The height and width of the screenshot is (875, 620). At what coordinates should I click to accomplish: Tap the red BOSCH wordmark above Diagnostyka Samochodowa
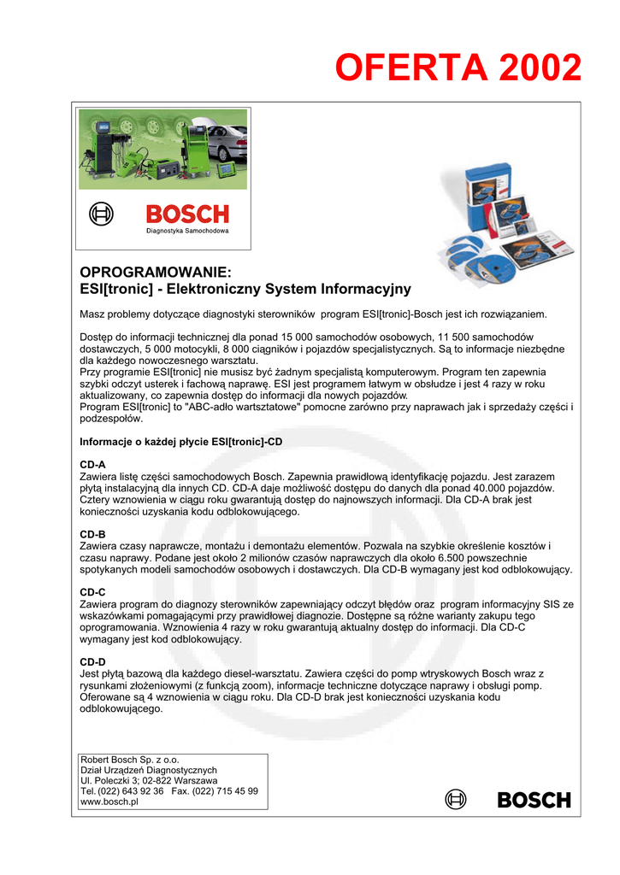click(187, 214)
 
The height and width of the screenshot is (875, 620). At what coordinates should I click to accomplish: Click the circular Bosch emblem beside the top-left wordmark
click(102, 214)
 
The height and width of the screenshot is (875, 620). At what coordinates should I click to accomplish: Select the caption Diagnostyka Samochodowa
click(186, 232)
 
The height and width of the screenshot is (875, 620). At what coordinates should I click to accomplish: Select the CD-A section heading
click(92, 464)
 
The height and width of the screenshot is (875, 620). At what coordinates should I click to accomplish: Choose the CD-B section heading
click(92, 533)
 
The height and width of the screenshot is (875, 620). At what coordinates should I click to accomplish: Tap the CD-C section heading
click(92, 591)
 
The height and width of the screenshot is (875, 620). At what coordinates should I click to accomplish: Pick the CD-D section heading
click(92, 661)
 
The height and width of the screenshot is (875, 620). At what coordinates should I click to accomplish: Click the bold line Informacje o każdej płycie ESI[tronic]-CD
click(180, 442)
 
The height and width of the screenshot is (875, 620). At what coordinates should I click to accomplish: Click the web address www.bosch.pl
click(109, 802)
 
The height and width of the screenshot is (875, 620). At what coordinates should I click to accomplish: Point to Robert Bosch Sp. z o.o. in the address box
click(130, 759)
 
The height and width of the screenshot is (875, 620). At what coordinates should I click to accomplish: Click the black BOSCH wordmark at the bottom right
click(534, 801)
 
